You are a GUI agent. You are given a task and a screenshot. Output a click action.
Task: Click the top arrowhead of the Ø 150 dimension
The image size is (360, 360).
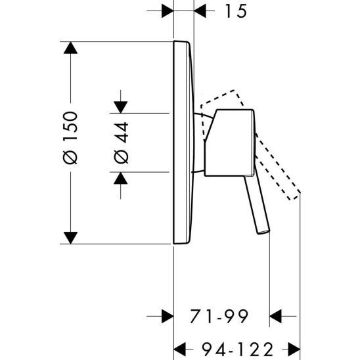[70, 48]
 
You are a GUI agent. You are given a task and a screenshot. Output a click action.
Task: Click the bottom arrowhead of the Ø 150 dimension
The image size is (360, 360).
[70, 237]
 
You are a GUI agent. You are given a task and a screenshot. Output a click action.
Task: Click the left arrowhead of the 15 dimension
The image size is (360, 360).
[167, 11]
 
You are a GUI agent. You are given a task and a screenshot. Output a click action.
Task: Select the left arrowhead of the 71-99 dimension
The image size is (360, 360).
[167, 317]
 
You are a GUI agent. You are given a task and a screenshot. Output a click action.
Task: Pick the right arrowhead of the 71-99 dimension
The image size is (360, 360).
[277, 317]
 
